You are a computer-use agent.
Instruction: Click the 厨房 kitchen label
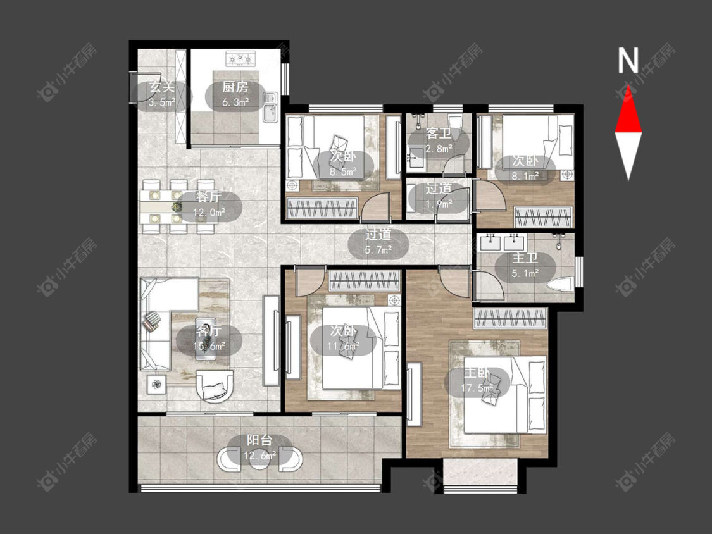[235, 87]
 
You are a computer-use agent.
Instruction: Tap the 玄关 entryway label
[162, 87]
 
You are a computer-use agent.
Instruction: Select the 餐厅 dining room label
[209, 197]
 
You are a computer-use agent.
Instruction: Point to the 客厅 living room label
[209, 330]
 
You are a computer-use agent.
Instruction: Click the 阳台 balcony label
[259, 440]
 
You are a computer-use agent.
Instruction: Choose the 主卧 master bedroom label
[477, 373]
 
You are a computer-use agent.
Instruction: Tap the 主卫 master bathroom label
[525, 259]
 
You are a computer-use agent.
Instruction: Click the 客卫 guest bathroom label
[439, 134]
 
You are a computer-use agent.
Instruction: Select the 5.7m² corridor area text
[378, 249]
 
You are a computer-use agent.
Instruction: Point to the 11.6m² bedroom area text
[343, 345]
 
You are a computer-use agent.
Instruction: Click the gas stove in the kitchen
[240, 59]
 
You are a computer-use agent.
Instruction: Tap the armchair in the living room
[215, 386]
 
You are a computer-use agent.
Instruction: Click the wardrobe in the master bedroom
[510, 318]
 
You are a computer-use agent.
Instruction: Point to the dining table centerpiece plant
[176, 208]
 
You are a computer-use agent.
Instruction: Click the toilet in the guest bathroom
[454, 123]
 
